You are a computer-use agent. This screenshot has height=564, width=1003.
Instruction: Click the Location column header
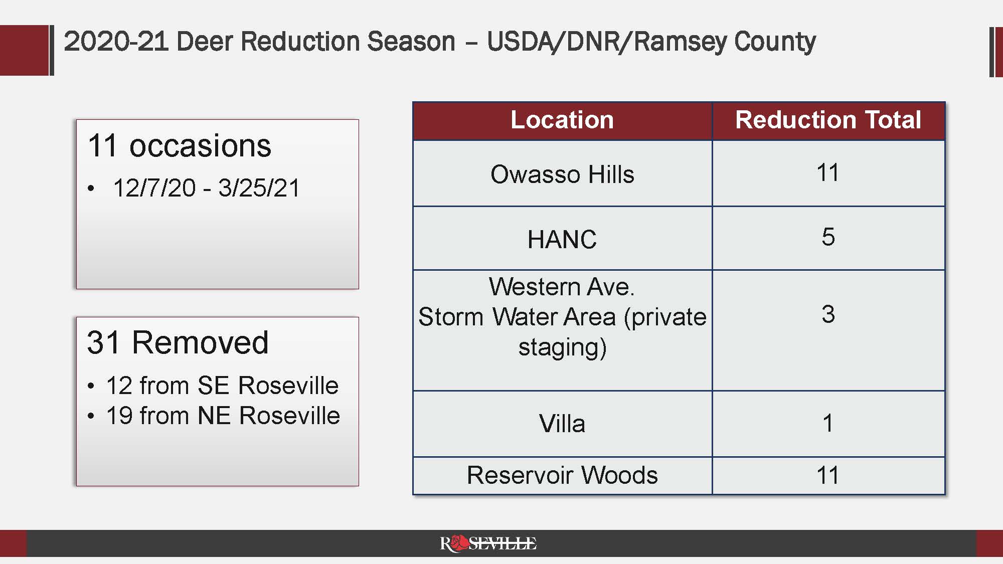562,120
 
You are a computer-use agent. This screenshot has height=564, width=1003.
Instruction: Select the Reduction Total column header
828,120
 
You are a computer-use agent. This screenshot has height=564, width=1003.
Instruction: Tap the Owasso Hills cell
562,174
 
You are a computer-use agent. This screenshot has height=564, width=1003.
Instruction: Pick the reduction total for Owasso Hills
827,173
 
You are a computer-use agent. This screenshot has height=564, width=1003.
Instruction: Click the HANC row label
562,239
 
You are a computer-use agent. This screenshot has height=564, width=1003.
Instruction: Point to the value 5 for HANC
828,237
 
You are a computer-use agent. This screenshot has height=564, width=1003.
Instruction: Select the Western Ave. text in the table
562,287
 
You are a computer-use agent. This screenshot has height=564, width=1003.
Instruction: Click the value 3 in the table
828,314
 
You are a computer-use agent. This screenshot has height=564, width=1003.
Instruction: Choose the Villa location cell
562,424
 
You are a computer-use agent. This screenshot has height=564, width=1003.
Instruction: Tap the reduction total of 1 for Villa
828,423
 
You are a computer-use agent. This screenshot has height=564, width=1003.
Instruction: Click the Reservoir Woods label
562,475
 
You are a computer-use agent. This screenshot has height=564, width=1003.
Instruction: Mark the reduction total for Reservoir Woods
827,475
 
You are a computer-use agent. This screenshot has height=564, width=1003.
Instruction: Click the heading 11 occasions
179,146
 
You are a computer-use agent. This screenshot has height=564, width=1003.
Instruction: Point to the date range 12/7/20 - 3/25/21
206,189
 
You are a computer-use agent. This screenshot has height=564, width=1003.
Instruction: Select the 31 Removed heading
178,343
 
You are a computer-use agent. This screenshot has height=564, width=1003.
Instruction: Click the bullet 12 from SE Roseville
222,386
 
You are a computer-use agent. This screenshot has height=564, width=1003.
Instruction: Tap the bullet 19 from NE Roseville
223,416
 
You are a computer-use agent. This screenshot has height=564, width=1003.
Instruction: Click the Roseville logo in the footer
488,543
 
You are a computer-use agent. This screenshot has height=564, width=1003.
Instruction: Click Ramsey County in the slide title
725,41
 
